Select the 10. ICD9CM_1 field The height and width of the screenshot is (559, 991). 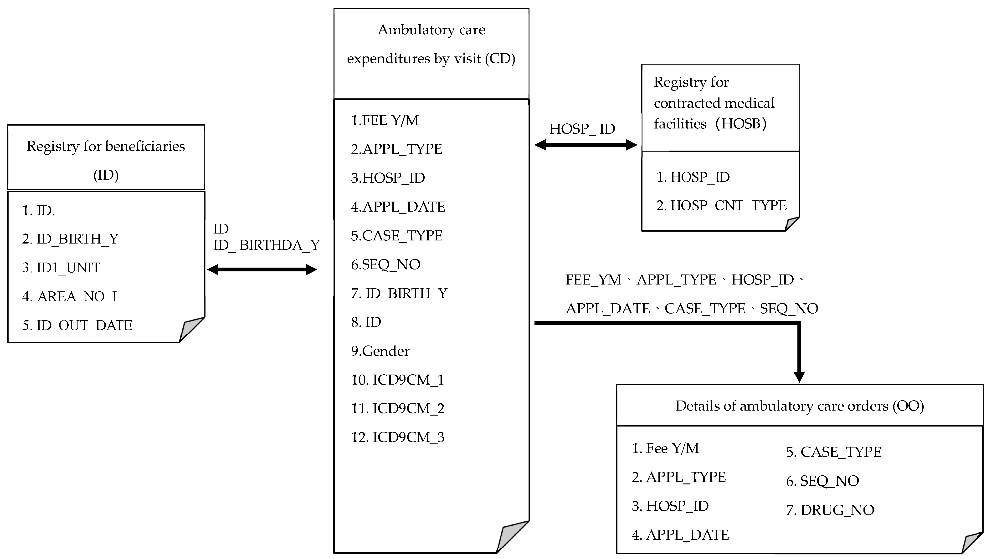pos(397,380)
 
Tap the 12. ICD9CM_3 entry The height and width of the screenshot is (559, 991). pos(397,437)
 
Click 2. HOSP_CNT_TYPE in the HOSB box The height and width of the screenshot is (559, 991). pos(721,206)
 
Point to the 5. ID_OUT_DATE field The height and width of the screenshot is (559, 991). pos(77,325)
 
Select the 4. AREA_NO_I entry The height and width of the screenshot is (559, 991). pos(69,296)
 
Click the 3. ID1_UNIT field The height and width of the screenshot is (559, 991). pos(61,268)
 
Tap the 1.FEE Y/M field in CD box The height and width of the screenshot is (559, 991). pos(385,120)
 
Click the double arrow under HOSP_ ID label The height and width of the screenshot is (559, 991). pos(585,145)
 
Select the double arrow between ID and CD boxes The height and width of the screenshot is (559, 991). pos(262,269)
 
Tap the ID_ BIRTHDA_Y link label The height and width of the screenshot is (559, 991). pos(267,245)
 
